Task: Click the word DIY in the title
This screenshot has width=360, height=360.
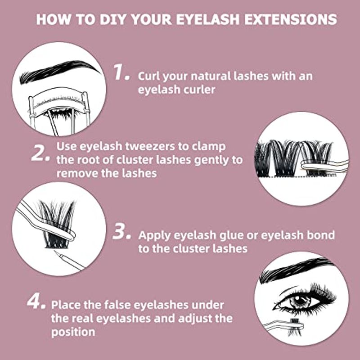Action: coord(113,19)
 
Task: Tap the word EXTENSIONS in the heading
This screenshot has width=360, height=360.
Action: coord(291,19)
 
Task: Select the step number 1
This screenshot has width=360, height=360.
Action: coord(121,72)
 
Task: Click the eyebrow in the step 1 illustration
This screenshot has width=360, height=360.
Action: coord(60,72)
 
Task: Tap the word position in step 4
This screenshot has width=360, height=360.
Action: coord(73,332)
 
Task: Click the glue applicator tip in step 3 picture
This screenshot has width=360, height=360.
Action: coord(56,252)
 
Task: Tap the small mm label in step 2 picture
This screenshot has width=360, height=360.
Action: coord(332,175)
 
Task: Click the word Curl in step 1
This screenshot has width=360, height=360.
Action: coord(149,76)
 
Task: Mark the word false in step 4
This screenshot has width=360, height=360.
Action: coord(117,305)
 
